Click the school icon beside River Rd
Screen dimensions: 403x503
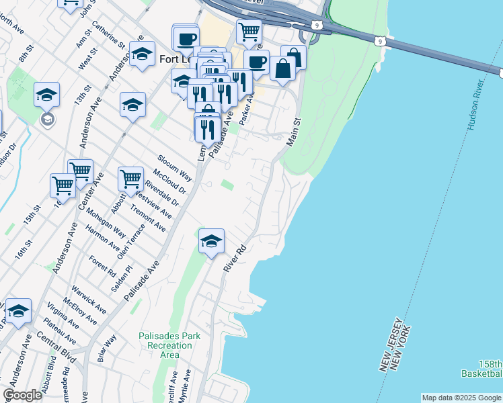click(x=211, y=242)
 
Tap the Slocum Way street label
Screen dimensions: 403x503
click(x=175, y=169)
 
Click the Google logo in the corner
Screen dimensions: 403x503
click(x=22, y=395)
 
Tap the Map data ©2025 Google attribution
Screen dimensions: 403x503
click(x=461, y=398)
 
